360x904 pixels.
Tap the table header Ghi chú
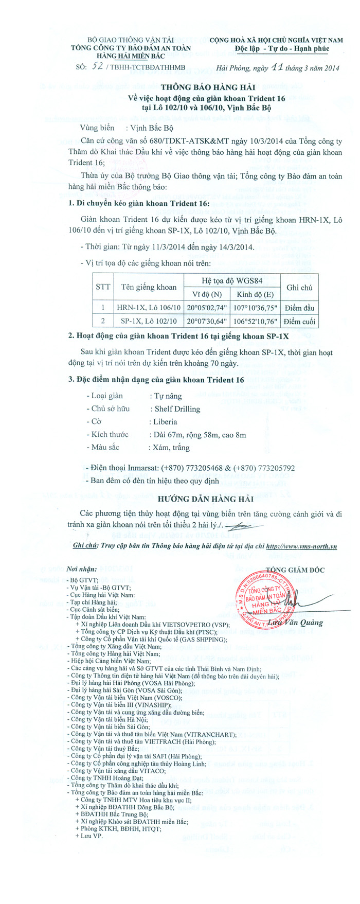click(x=299, y=288)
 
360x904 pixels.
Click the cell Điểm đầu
click(x=299, y=308)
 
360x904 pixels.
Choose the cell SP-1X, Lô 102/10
click(x=149, y=321)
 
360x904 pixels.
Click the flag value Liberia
click(x=165, y=422)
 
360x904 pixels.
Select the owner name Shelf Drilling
click(x=177, y=409)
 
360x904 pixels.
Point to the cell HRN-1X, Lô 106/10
click(x=149, y=308)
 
